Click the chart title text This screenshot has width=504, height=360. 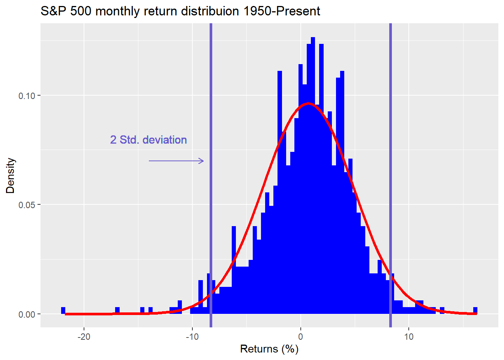(180, 11)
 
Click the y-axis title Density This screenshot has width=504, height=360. (10, 175)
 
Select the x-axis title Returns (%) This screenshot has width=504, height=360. (269, 349)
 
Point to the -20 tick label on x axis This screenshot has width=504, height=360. (84, 337)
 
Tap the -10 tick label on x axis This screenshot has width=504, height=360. (192, 337)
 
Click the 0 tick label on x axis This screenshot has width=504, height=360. (300, 337)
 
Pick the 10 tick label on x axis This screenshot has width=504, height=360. (409, 337)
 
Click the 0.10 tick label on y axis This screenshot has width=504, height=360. (27, 96)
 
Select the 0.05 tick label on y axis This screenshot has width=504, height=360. (27, 205)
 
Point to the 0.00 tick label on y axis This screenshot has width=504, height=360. (27, 315)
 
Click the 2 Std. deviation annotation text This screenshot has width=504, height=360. (148, 140)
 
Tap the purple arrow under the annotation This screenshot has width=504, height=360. (176, 161)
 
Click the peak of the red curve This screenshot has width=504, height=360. (308, 103)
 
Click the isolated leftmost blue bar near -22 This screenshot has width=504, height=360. (63, 310)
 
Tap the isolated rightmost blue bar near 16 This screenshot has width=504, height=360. (475, 310)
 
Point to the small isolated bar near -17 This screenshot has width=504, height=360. (117, 310)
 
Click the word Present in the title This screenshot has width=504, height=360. (298, 11)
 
